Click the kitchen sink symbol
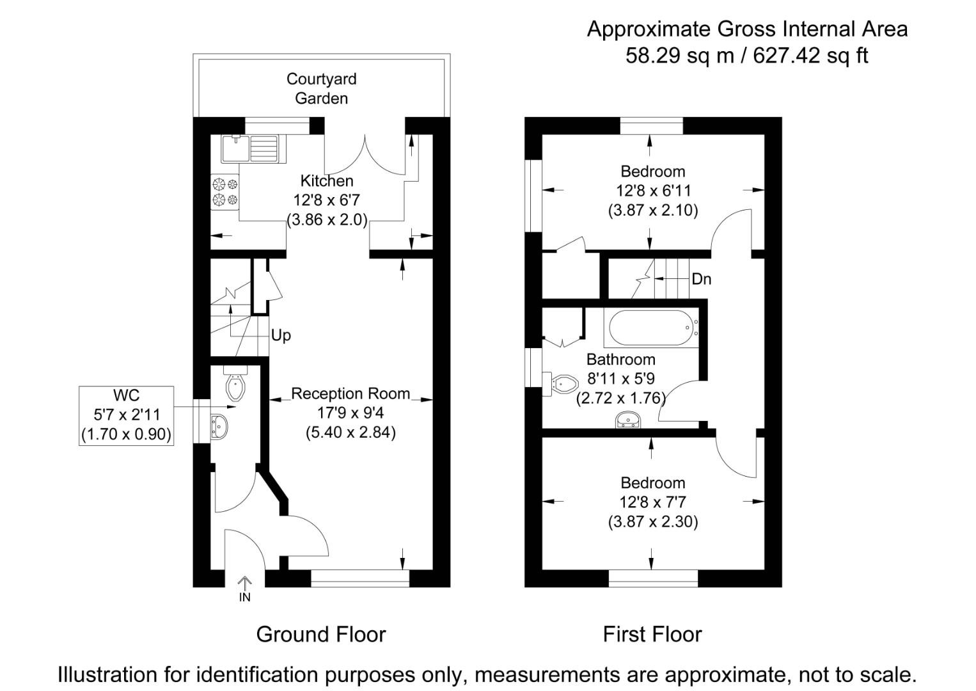pos(249,148)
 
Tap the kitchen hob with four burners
pos(224,192)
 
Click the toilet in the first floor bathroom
pos(562,384)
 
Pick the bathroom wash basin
pos(628,420)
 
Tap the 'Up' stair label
pos(281,335)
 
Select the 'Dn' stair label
pos(701,279)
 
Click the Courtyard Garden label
pos(321,88)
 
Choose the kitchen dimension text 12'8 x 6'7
pos(326,200)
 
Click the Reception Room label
pos(350,393)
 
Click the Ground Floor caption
pos(321,634)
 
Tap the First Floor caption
pos(652,634)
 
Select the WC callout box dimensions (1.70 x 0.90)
pos(126,435)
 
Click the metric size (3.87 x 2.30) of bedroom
pos(652,521)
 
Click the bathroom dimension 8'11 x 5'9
pos(620,379)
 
